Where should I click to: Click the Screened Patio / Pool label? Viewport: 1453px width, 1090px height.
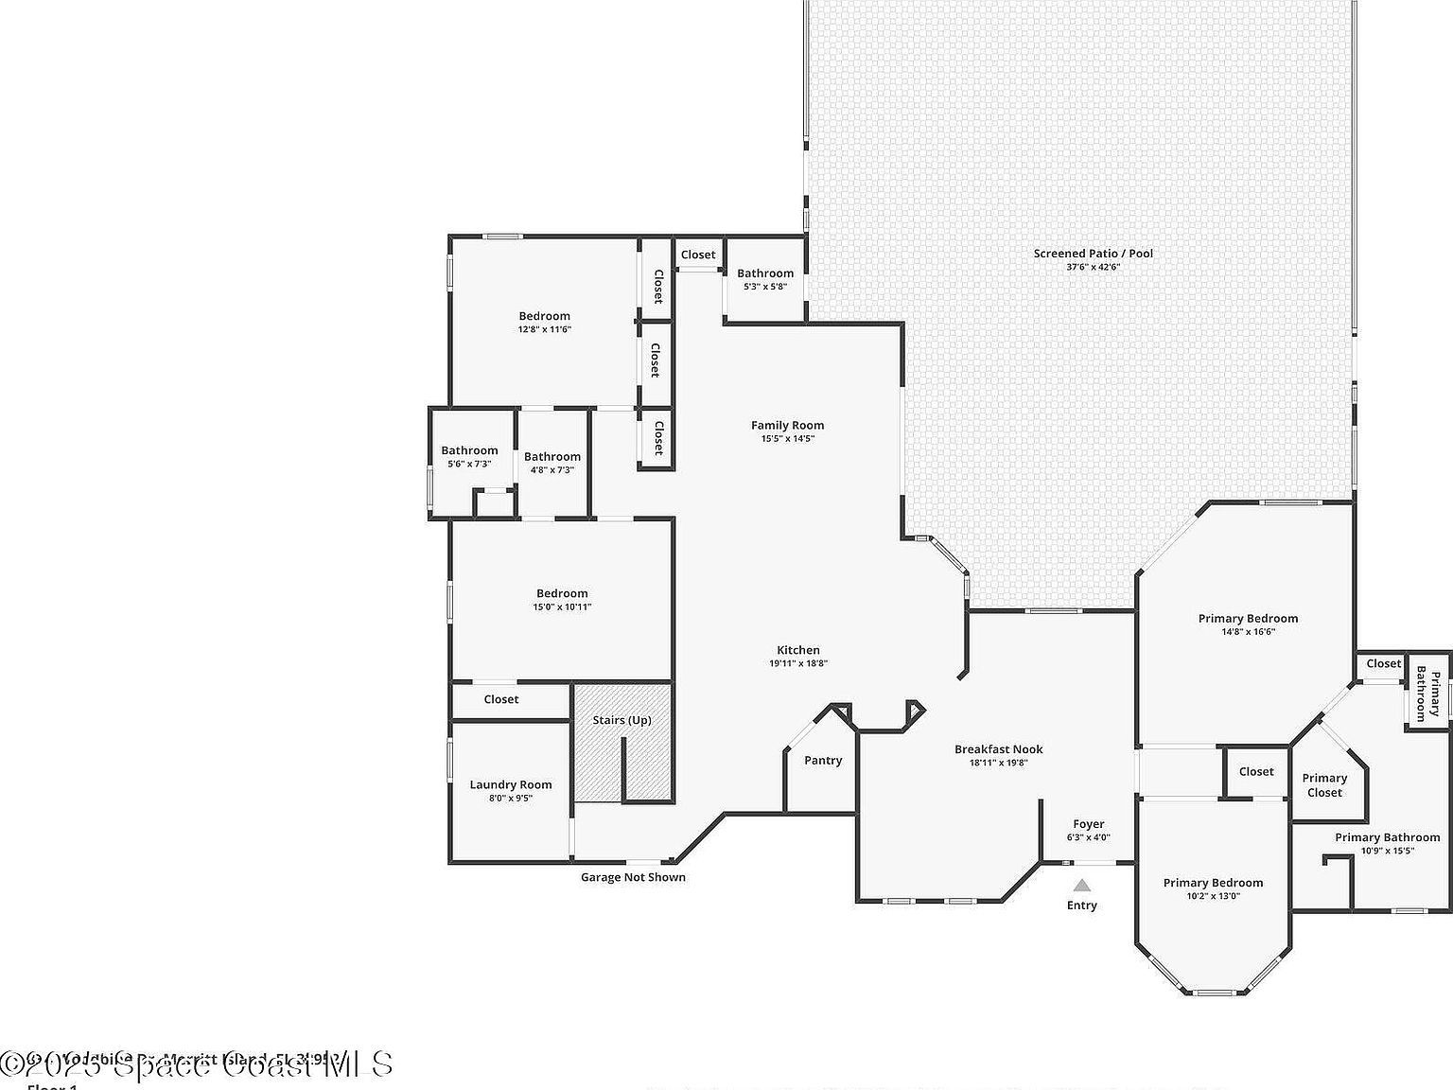1093,254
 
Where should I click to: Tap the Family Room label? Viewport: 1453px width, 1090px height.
787,426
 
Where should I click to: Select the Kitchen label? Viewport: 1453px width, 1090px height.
798,650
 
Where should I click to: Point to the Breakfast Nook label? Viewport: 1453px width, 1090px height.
998,749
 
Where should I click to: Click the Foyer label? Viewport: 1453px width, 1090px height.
1088,824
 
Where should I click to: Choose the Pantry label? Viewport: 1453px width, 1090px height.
822,761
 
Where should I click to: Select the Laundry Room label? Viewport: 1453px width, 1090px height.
510,784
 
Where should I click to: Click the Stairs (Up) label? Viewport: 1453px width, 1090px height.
621,720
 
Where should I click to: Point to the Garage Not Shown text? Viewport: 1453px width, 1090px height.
633,877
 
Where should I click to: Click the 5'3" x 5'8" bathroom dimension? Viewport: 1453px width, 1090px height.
765,286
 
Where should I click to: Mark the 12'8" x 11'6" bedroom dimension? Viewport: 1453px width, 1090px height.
544,329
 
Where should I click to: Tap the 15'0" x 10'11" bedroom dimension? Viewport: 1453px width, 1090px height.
562,607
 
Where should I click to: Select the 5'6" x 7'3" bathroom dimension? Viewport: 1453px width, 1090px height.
469,464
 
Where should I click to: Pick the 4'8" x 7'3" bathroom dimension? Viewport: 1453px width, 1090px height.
552,469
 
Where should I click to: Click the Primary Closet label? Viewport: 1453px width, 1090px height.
1324,785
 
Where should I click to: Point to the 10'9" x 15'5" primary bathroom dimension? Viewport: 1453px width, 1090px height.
1387,851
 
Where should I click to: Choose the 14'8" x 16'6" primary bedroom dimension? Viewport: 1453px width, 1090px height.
1248,631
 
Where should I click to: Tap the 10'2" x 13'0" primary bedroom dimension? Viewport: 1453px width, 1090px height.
1213,896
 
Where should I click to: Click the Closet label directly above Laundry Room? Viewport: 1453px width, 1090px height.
500,699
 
